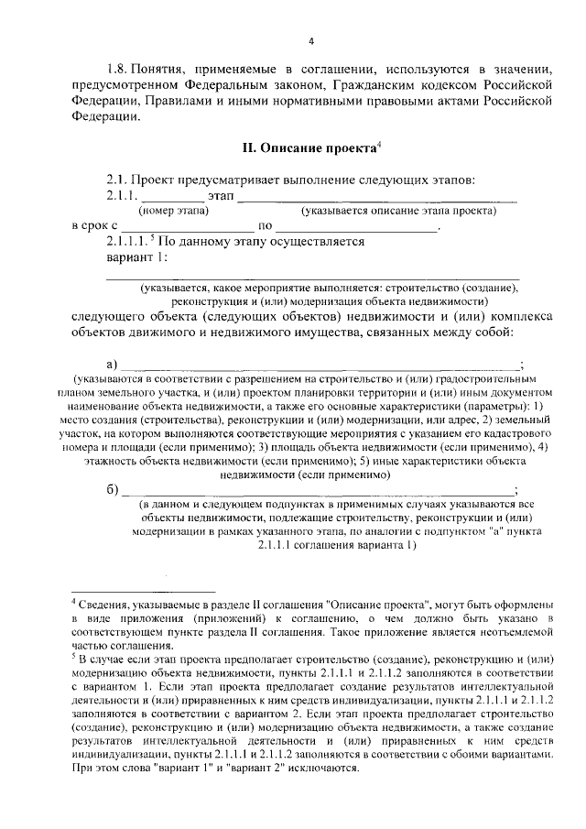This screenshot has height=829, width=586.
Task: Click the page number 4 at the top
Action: pos(311,40)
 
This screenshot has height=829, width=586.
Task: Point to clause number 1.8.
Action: pos(118,69)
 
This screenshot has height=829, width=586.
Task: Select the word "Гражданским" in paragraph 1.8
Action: pos(378,85)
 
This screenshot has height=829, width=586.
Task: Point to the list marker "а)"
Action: pos(113,363)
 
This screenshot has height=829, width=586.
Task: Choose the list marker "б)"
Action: pos(113,489)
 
